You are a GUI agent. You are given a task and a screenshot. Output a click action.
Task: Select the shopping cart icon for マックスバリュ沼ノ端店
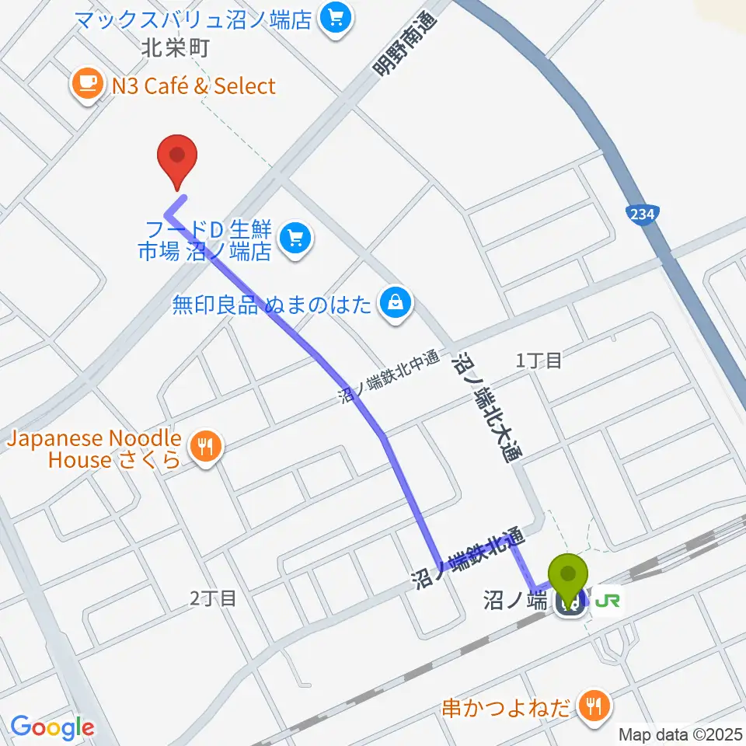(x=336, y=16)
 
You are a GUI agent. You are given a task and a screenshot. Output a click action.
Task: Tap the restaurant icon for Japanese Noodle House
(x=205, y=446)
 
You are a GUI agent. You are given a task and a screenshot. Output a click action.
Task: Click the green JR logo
(x=608, y=599)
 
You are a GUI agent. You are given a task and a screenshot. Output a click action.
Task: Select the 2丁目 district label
(x=212, y=598)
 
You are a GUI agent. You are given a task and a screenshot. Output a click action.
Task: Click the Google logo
(x=51, y=727)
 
